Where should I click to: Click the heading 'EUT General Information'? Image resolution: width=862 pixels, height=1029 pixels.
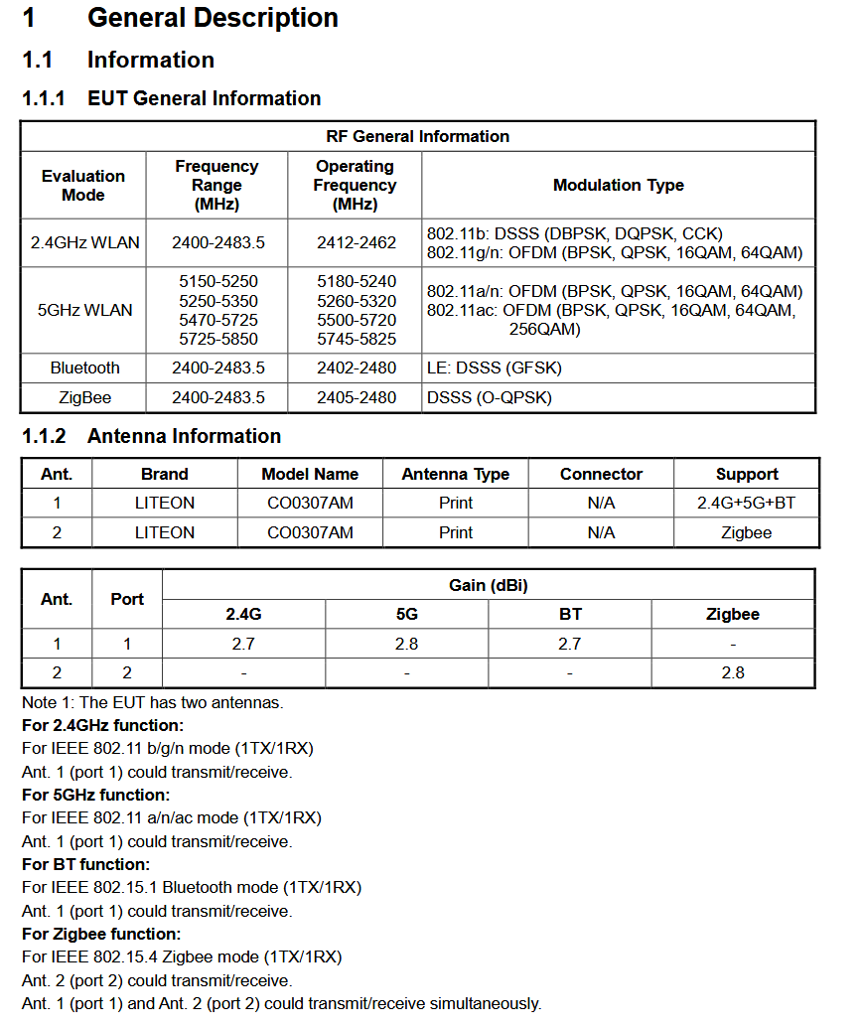click(x=204, y=98)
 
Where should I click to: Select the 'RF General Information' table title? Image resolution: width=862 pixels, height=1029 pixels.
click(x=417, y=136)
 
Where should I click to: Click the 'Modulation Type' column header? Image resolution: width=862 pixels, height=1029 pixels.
click(x=618, y=185)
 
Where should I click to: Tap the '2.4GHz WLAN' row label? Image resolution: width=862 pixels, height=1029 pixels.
click(x=84, y=242)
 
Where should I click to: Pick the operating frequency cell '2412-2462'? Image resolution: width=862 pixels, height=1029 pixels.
click(x=356, y=242)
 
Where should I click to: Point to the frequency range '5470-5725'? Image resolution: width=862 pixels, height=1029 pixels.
click(x=217, y=320)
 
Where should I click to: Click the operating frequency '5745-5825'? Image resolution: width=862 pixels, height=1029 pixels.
click(x=356, y=339)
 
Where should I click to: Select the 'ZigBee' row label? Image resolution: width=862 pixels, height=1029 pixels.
click(x=84, y=397)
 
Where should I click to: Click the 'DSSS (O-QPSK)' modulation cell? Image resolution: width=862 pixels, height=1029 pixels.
click(x=489, y=397)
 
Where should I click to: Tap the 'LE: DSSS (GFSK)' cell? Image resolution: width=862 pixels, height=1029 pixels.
click(x=494, y=367)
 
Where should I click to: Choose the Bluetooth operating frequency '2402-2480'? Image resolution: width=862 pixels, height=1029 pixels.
click(x=356, y=367)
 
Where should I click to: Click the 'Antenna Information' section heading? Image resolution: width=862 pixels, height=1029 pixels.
click(x=184, y=436)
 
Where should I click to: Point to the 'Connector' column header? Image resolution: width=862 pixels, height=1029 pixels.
click(x=601, y=474)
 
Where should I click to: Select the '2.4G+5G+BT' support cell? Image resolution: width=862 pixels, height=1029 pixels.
click(x=746, y=503)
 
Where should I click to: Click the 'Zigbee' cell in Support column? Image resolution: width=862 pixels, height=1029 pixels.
click(x=746, y=532)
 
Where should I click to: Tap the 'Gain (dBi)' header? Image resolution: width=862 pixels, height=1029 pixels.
click(x=488, y=585)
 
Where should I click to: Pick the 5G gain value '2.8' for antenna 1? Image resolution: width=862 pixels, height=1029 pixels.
click(x=406, y=644)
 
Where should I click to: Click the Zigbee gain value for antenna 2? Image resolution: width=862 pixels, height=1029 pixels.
click(x=732, y=672)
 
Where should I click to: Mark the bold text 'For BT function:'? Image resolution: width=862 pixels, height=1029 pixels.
click(x=85, y=864)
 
